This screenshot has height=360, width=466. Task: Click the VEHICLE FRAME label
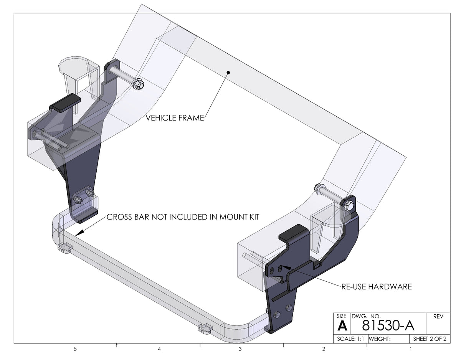coord(175,118)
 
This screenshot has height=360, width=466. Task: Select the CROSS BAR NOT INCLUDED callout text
coord(183,217)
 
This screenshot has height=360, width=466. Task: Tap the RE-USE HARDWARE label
coord(376,287)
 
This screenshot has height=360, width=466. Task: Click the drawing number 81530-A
coord(388,326)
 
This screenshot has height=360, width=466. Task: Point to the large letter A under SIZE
coord(342,327)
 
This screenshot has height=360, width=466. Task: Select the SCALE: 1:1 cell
coord(350,339)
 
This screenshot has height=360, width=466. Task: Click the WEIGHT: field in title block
coord(380,339)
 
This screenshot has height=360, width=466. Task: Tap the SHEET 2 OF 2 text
coord(429,339)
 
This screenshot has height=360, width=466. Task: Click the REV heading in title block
coord(438,317)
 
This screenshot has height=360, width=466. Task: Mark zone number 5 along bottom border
coord(75,349)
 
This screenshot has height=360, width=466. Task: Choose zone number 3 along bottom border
coord(240,349)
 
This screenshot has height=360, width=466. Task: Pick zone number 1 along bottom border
coord(410,349)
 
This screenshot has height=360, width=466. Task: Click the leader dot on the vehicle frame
coord(228,72)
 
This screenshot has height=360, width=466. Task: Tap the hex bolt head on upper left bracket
coord(138,84)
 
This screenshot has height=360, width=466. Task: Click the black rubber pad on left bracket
coord(65,102)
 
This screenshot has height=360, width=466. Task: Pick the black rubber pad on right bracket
coord(293,233)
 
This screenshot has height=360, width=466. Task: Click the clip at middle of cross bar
coord(205,329)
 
